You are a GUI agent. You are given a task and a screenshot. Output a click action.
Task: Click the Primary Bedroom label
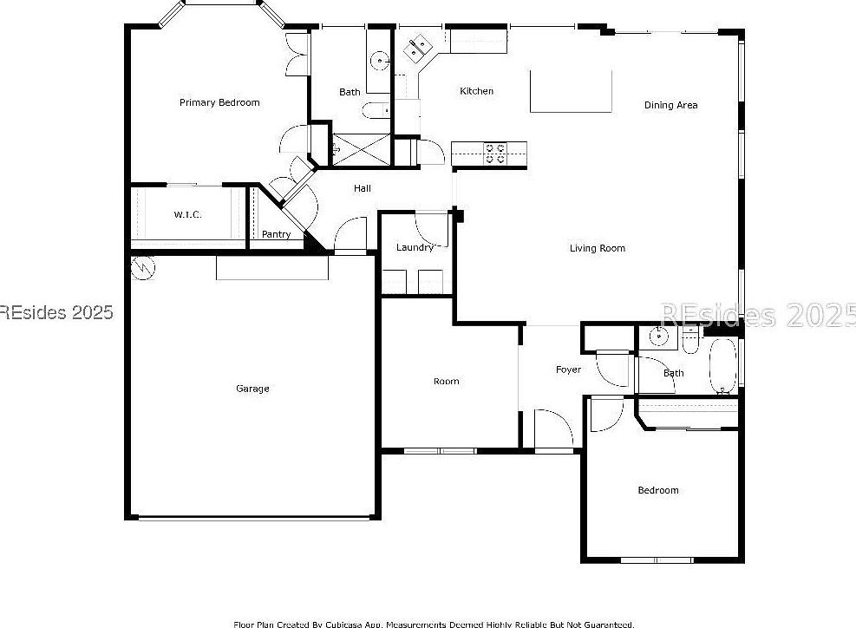pyautogui.click(x=219, y=102)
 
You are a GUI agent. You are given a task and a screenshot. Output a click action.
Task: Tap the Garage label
pyautogui.click(x=252, y=389)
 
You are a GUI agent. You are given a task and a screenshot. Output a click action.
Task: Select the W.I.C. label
pyautogui.click(x=187, y=214)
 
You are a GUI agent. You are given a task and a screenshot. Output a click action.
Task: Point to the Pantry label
pyautogui.click(x=276, y=234)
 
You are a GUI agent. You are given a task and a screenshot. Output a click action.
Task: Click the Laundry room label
pyautogui.click(x=415, y=247)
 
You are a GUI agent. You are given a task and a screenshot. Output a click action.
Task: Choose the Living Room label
pyautogui.click(x=597, y=248)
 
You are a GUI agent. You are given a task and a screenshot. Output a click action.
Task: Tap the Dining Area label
pyautogui.click(x=670, y=105)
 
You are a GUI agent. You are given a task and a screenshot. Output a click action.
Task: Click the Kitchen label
pyautogui.click(x=476, y=91)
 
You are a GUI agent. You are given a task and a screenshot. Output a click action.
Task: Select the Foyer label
pyautogui.click(x=568, y=370)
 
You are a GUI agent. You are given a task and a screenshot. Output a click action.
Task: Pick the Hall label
pyautogui.click(x=362, y=187)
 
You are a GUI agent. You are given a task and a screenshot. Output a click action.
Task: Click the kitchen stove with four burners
pyautogui.click(x=495, y=153)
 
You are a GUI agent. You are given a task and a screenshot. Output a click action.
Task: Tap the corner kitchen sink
pyautogui.click(x=418, y=49)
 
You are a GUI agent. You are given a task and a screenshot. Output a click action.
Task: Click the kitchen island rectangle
pyautogui.click(x=571, y=91)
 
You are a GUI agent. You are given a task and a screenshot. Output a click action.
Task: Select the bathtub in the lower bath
pyautogui.click(x=722, y=366)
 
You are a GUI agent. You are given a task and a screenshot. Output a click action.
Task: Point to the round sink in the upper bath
pyautogui.click(x=378, y=61)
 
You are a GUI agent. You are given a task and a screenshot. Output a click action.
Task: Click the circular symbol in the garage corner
pyautogui.click(x=141, y=268)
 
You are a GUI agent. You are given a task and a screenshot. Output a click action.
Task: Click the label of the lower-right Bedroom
pyautogui.click(x=657, y=490)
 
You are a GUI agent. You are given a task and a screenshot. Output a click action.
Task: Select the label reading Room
pyautogui.click(x=446, y=381)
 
